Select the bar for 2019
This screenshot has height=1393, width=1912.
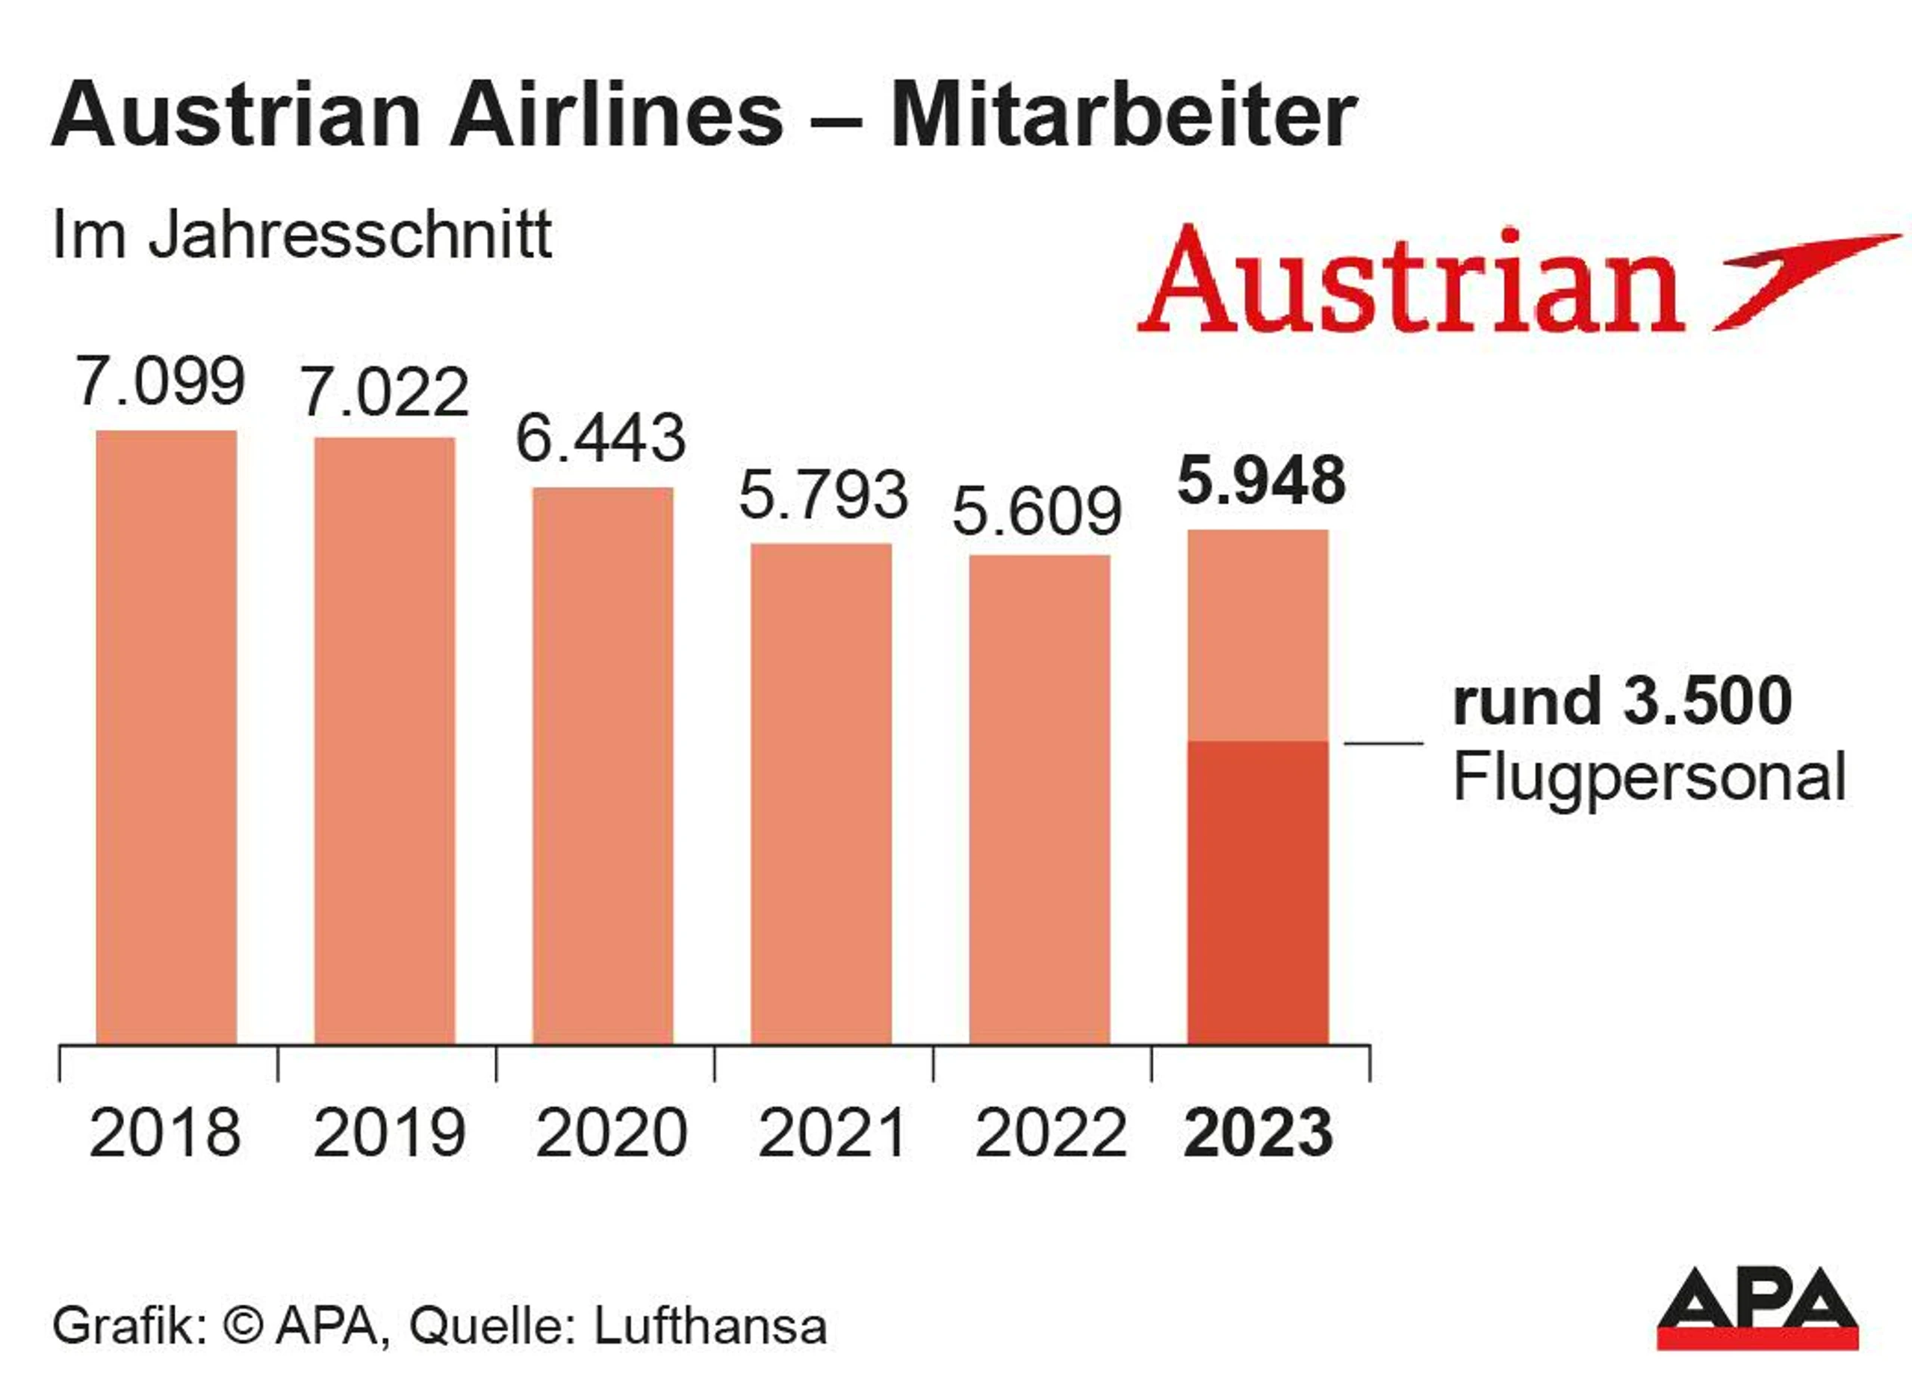[x=385, y=741]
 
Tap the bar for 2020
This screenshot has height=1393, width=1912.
[x=602, y=767]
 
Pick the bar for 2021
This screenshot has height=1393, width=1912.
[x=821, y=794]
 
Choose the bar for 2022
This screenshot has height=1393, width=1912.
[x=1039, y=800]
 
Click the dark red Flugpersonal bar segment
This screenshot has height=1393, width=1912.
[x=1258, y=894]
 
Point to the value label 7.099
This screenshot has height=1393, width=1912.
[x=161, y=381]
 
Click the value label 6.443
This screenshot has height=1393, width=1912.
[x=600, y=438]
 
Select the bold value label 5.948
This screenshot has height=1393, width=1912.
[x=1261, y=481]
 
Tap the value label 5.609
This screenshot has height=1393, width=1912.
[x=1037, y=511]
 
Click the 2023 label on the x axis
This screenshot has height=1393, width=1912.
[x=1258, y=1133]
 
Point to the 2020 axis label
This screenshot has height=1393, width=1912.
[x=612, y=1133]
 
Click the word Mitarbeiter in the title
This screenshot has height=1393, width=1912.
[x=1123, y=116]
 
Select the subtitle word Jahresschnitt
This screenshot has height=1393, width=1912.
[x=350, y=235]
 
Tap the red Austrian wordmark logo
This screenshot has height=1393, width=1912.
[x=1410, y=279]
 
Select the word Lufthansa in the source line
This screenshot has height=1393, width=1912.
[x=710, y=1327]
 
